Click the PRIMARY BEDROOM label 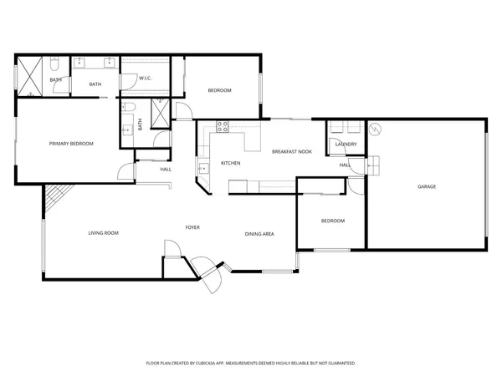[71, 144]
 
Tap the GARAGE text [427, 186]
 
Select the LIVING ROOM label [103, 233]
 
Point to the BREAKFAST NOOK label [292, 151]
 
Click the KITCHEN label [231, 163]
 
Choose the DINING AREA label [259, 234]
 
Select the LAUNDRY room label [346, 145]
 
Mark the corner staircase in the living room [56, 199]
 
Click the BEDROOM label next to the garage [333, 221]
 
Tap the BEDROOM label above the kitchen [219, 90]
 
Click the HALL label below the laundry [344, 165]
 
